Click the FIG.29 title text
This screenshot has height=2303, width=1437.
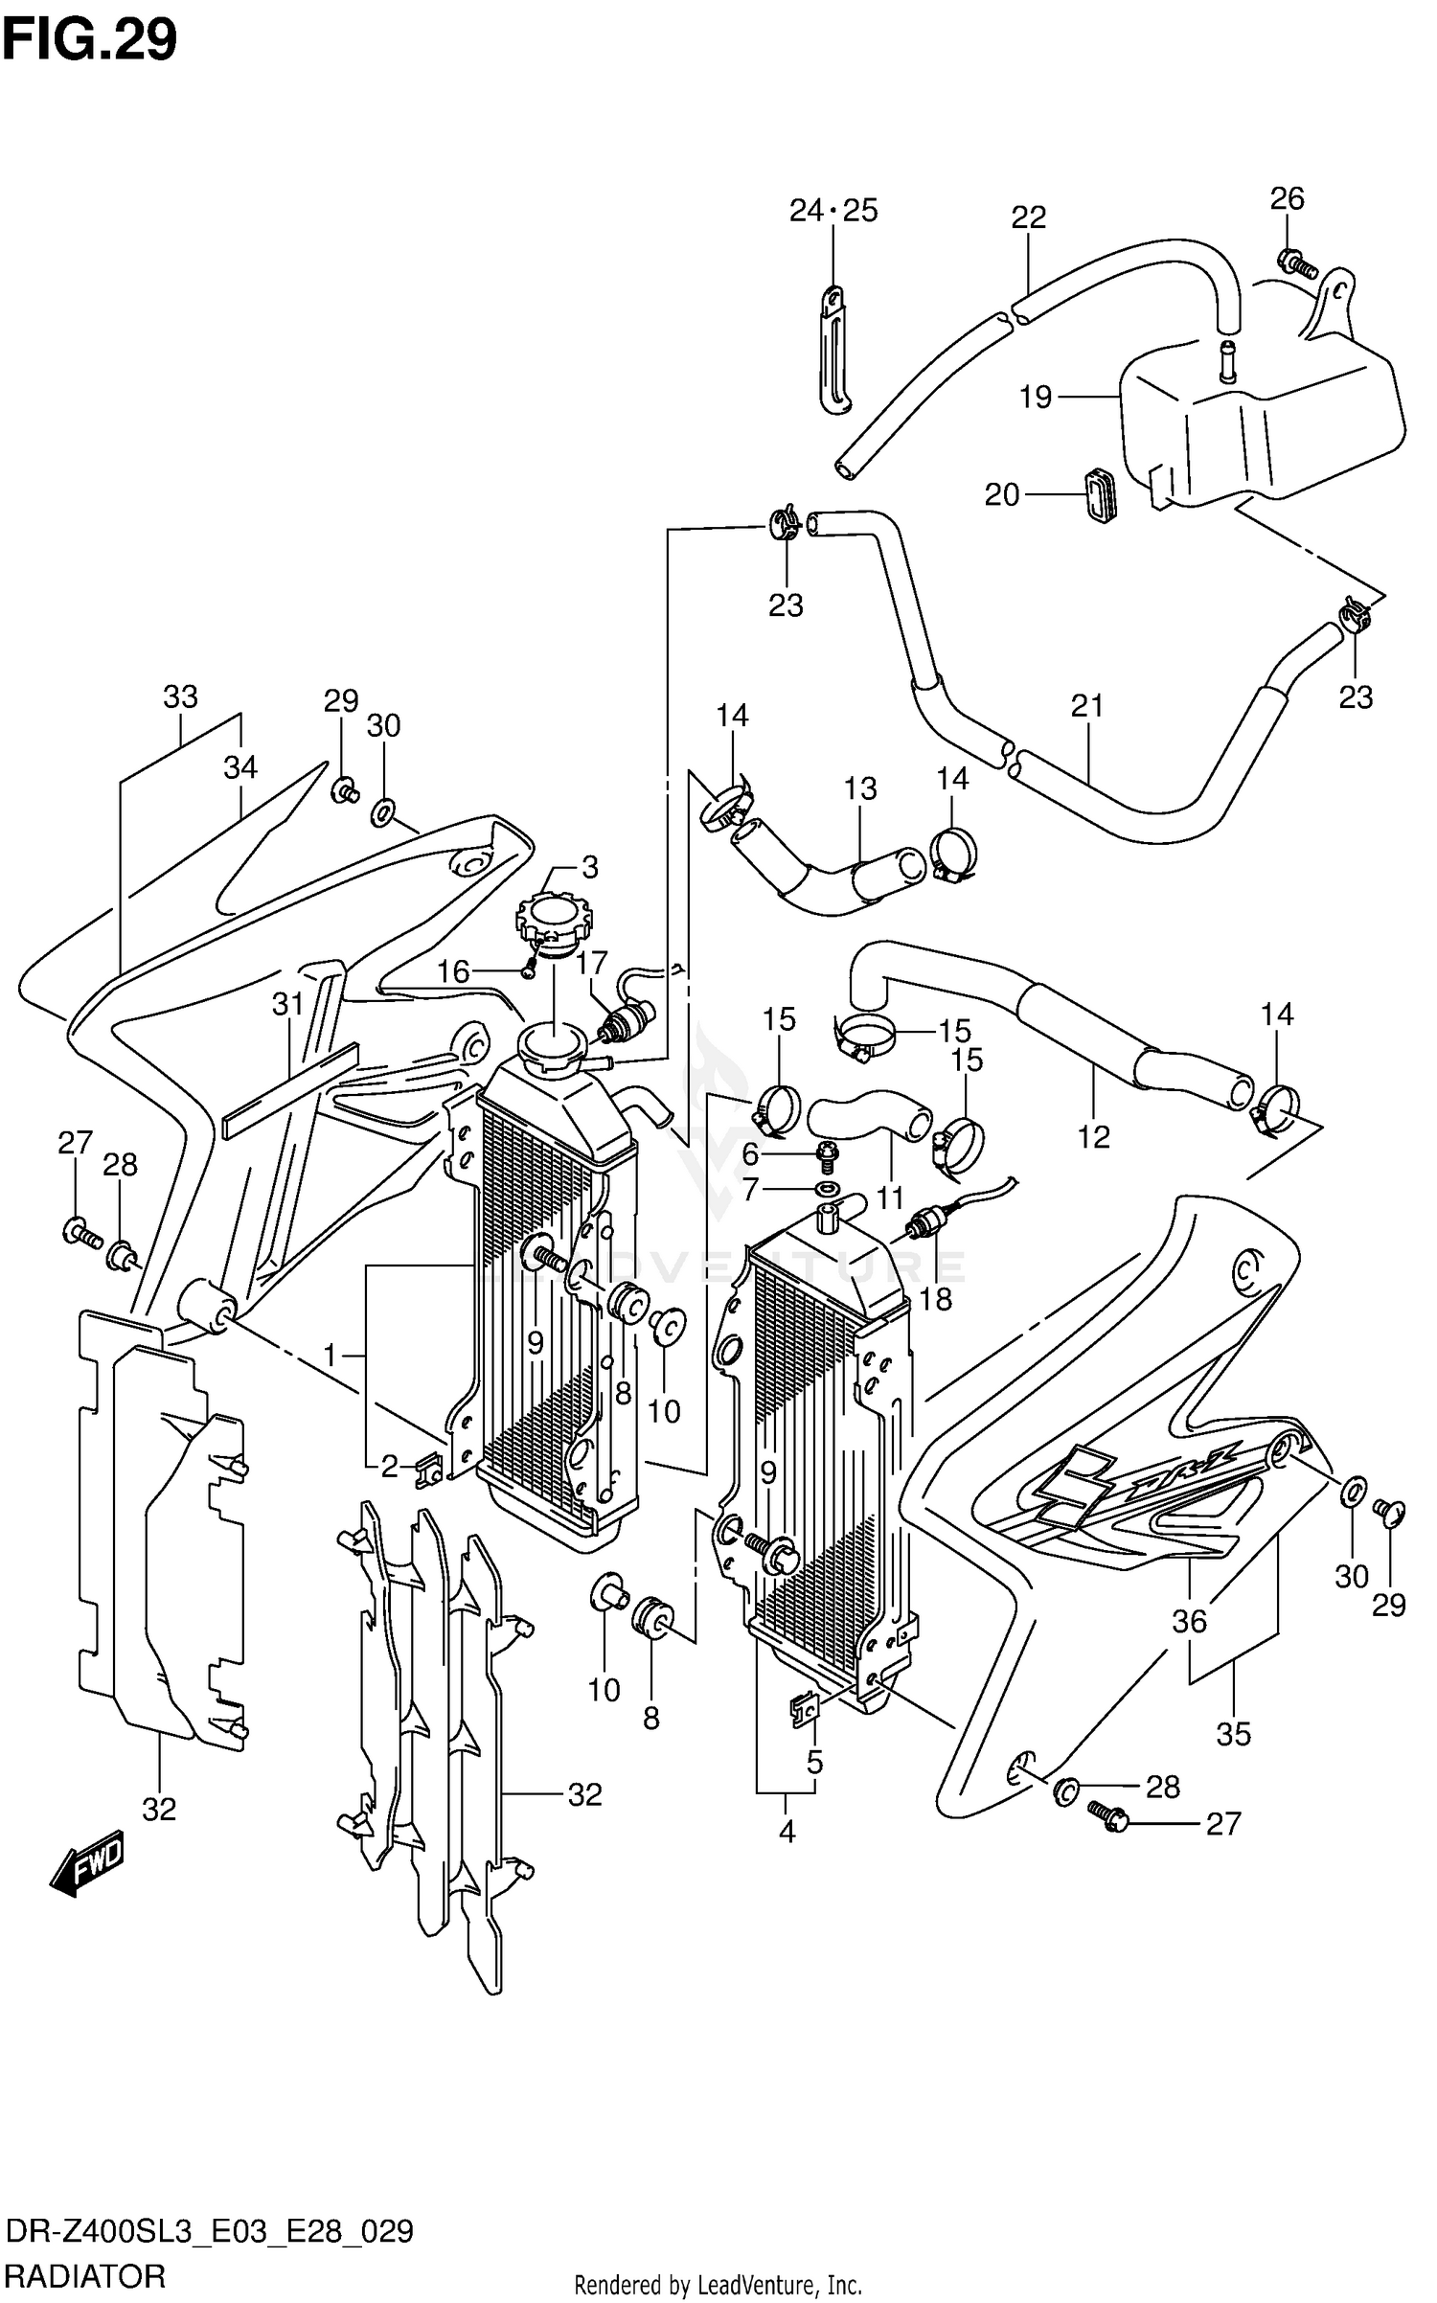pos(89,41)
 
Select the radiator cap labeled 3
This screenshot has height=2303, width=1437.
pos(554,918)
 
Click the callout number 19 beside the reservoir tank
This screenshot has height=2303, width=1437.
pos(1036,397)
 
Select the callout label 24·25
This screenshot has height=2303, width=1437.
pos(833,210)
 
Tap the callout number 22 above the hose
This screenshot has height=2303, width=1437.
pos(1028,217)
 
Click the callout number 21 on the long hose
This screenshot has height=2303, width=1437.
pos(1087,706)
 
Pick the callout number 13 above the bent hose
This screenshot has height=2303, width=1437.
pos(860,788)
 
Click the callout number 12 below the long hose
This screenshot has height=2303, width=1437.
pos(1093,1136)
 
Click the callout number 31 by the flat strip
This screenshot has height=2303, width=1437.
pos(287,1005)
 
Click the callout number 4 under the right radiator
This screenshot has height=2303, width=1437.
pos(787,1832)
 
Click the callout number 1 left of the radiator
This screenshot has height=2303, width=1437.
pos(330,1356)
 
